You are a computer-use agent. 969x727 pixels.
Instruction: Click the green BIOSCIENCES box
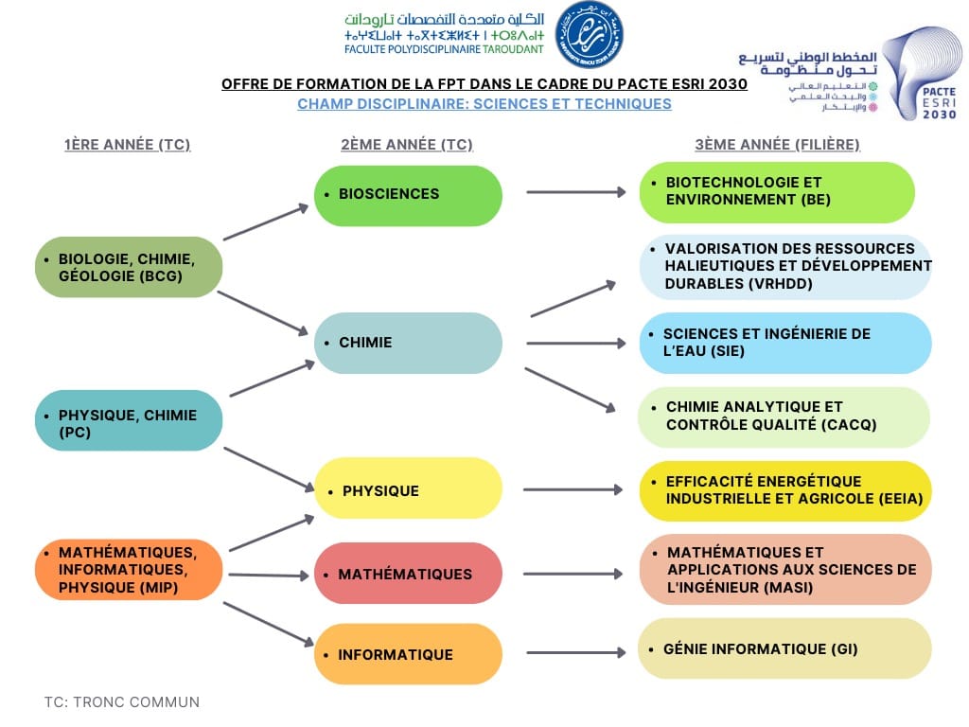tap(408, 195)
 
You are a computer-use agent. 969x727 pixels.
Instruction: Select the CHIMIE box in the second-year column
tap(408, 343)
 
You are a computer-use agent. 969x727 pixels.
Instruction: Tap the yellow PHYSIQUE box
tap(408, 488)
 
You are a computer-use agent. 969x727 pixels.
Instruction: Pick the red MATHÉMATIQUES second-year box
tap(408, 574)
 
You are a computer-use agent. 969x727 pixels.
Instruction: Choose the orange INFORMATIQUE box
tap(408, 654)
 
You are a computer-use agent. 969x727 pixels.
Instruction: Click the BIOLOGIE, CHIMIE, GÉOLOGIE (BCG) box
tap(129, 267)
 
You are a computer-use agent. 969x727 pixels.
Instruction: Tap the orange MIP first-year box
tap(129, 570)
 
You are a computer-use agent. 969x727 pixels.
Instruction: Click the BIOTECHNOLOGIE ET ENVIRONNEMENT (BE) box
tap(777, 191)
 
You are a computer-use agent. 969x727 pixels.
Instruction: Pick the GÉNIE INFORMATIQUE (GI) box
tap(784, 648)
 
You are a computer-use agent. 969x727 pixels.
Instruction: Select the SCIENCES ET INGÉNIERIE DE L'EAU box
tap(784, 343)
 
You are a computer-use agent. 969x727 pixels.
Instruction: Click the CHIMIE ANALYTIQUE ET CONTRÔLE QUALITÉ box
tap(783, 417)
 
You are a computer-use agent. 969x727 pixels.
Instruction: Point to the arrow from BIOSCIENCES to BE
tap(575, 192)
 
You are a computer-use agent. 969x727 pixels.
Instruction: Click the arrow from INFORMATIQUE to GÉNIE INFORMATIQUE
tap(575, 652)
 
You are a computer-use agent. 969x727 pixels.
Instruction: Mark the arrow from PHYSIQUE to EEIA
tap(573, 489)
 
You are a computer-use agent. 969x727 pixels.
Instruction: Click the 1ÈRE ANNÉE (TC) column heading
tap(128, 145)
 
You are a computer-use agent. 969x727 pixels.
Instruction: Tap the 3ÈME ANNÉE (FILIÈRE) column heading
tap(777, 145)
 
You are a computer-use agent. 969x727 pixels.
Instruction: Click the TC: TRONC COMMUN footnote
tap(122, 702)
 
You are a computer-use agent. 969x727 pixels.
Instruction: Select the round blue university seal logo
tap(589, 35)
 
